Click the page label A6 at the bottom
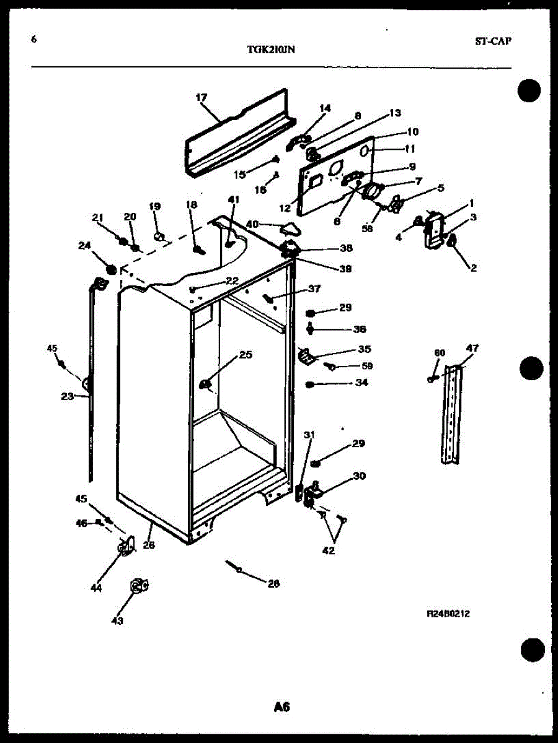pos(281,706)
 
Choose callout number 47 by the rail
pos(472,348)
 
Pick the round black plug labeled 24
pos(112,269)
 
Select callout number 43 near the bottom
pos(117,620)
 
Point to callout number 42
pos(328,550)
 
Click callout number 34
pos(361,383)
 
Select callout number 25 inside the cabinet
pos(246,355)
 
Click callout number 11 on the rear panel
pos(409,149)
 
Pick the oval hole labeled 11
pos(366,151)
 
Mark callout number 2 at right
pos(473,267)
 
